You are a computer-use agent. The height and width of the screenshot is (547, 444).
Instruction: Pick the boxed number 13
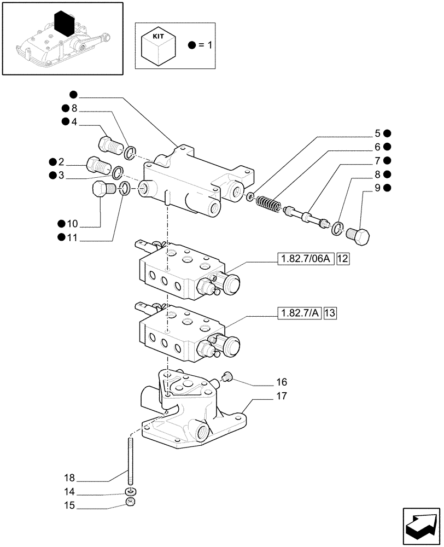pos(330,313)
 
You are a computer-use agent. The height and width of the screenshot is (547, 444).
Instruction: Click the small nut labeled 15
pos(131,502)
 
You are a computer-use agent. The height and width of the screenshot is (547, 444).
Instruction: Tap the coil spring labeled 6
pos(268,205)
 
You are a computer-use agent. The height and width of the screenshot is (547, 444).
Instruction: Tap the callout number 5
pos(377,133)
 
